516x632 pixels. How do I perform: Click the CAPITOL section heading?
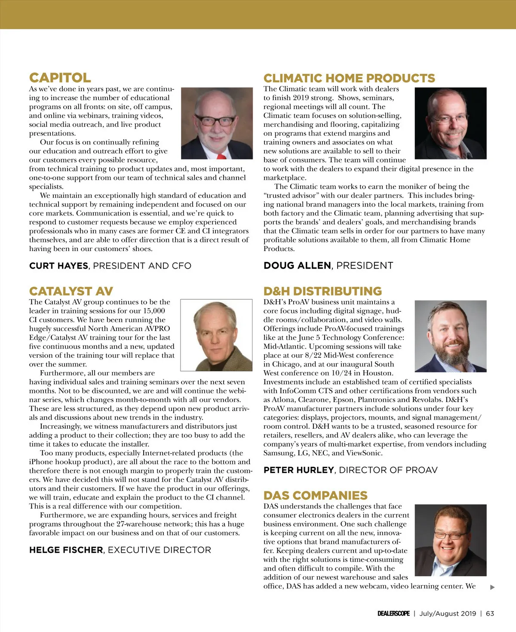(x=60, y=78)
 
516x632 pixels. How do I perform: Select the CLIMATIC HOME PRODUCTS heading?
(x=349, y=78)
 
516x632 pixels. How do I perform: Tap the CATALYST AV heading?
(x=71, y=291)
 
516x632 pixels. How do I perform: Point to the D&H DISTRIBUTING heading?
(x=322, y=291)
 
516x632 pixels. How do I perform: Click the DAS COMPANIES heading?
(x=315, y=495)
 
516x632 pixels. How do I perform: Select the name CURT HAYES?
(x=58, y=266)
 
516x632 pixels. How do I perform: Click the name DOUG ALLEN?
(x=297, y=266)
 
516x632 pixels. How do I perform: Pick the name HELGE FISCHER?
(x=66, y=550)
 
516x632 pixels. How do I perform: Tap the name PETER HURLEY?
(x=298, y=470)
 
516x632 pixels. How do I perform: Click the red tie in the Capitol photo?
(x=221, y=156)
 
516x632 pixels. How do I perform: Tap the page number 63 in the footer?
(x=490, y=614)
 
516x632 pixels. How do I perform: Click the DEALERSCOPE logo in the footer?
(x=393, y=614)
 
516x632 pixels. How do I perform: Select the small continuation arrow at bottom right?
(x=493, y=587)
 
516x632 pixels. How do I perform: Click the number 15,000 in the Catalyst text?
(x=154, y=311)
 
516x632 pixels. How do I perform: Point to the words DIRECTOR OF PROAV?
(x=388, y=470)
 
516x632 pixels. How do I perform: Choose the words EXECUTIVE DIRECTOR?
(x=159, y=550)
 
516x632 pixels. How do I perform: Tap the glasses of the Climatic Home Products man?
(x=450, y=117)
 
